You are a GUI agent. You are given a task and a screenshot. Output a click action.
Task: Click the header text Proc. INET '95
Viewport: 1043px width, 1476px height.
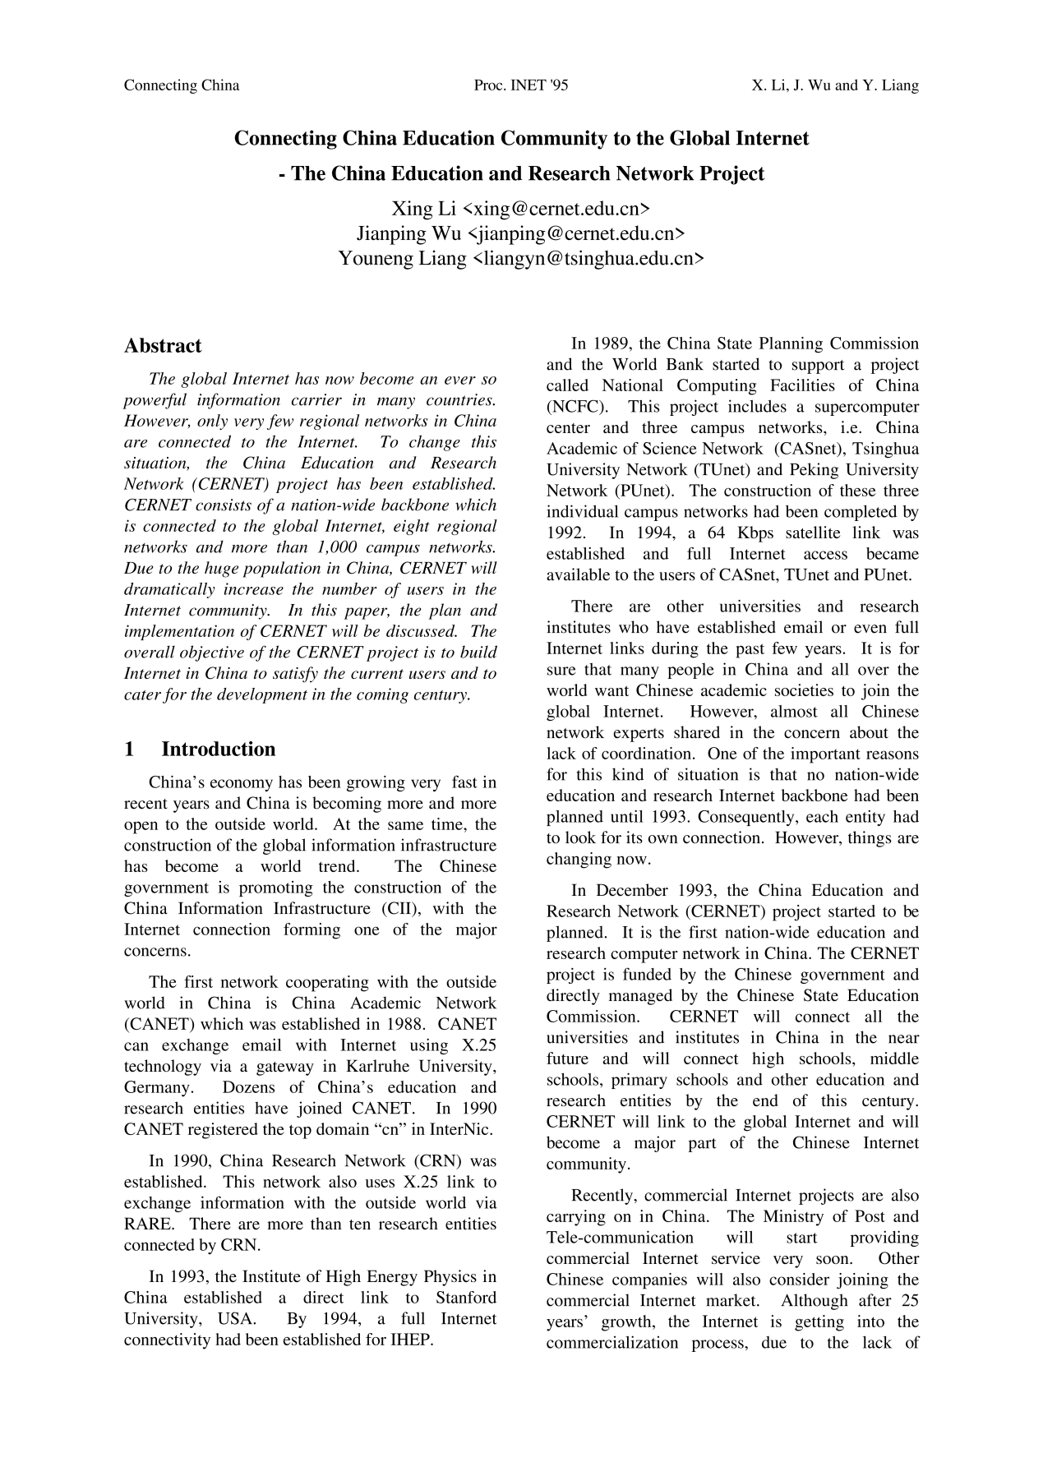click(521, 85)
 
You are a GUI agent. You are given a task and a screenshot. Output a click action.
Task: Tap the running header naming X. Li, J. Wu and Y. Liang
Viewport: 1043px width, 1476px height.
click(835, 85)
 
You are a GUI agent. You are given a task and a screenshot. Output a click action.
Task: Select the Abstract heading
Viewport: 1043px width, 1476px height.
click(163, 346)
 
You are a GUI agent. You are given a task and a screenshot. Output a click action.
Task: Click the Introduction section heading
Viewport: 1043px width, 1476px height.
click(218, 750)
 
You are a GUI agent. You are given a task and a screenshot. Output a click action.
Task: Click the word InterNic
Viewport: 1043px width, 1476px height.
click(461, 1130)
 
